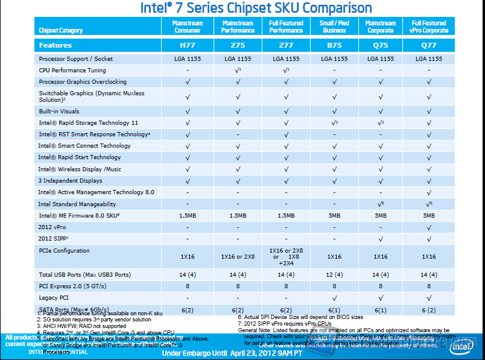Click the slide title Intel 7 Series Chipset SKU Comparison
point(256,8)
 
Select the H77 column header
point(188,45)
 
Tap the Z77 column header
point(286,45)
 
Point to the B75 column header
point(334,45)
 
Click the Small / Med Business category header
point(334,27)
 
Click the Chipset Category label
point(61,30)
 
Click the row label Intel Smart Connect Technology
point(84,146)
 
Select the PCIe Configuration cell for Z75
point(238,257)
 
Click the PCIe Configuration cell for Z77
point(286,257)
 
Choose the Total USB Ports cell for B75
point(334,274)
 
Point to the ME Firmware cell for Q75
point(381,216)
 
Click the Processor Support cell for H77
point(188,59)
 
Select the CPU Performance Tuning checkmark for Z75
point(238,71)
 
